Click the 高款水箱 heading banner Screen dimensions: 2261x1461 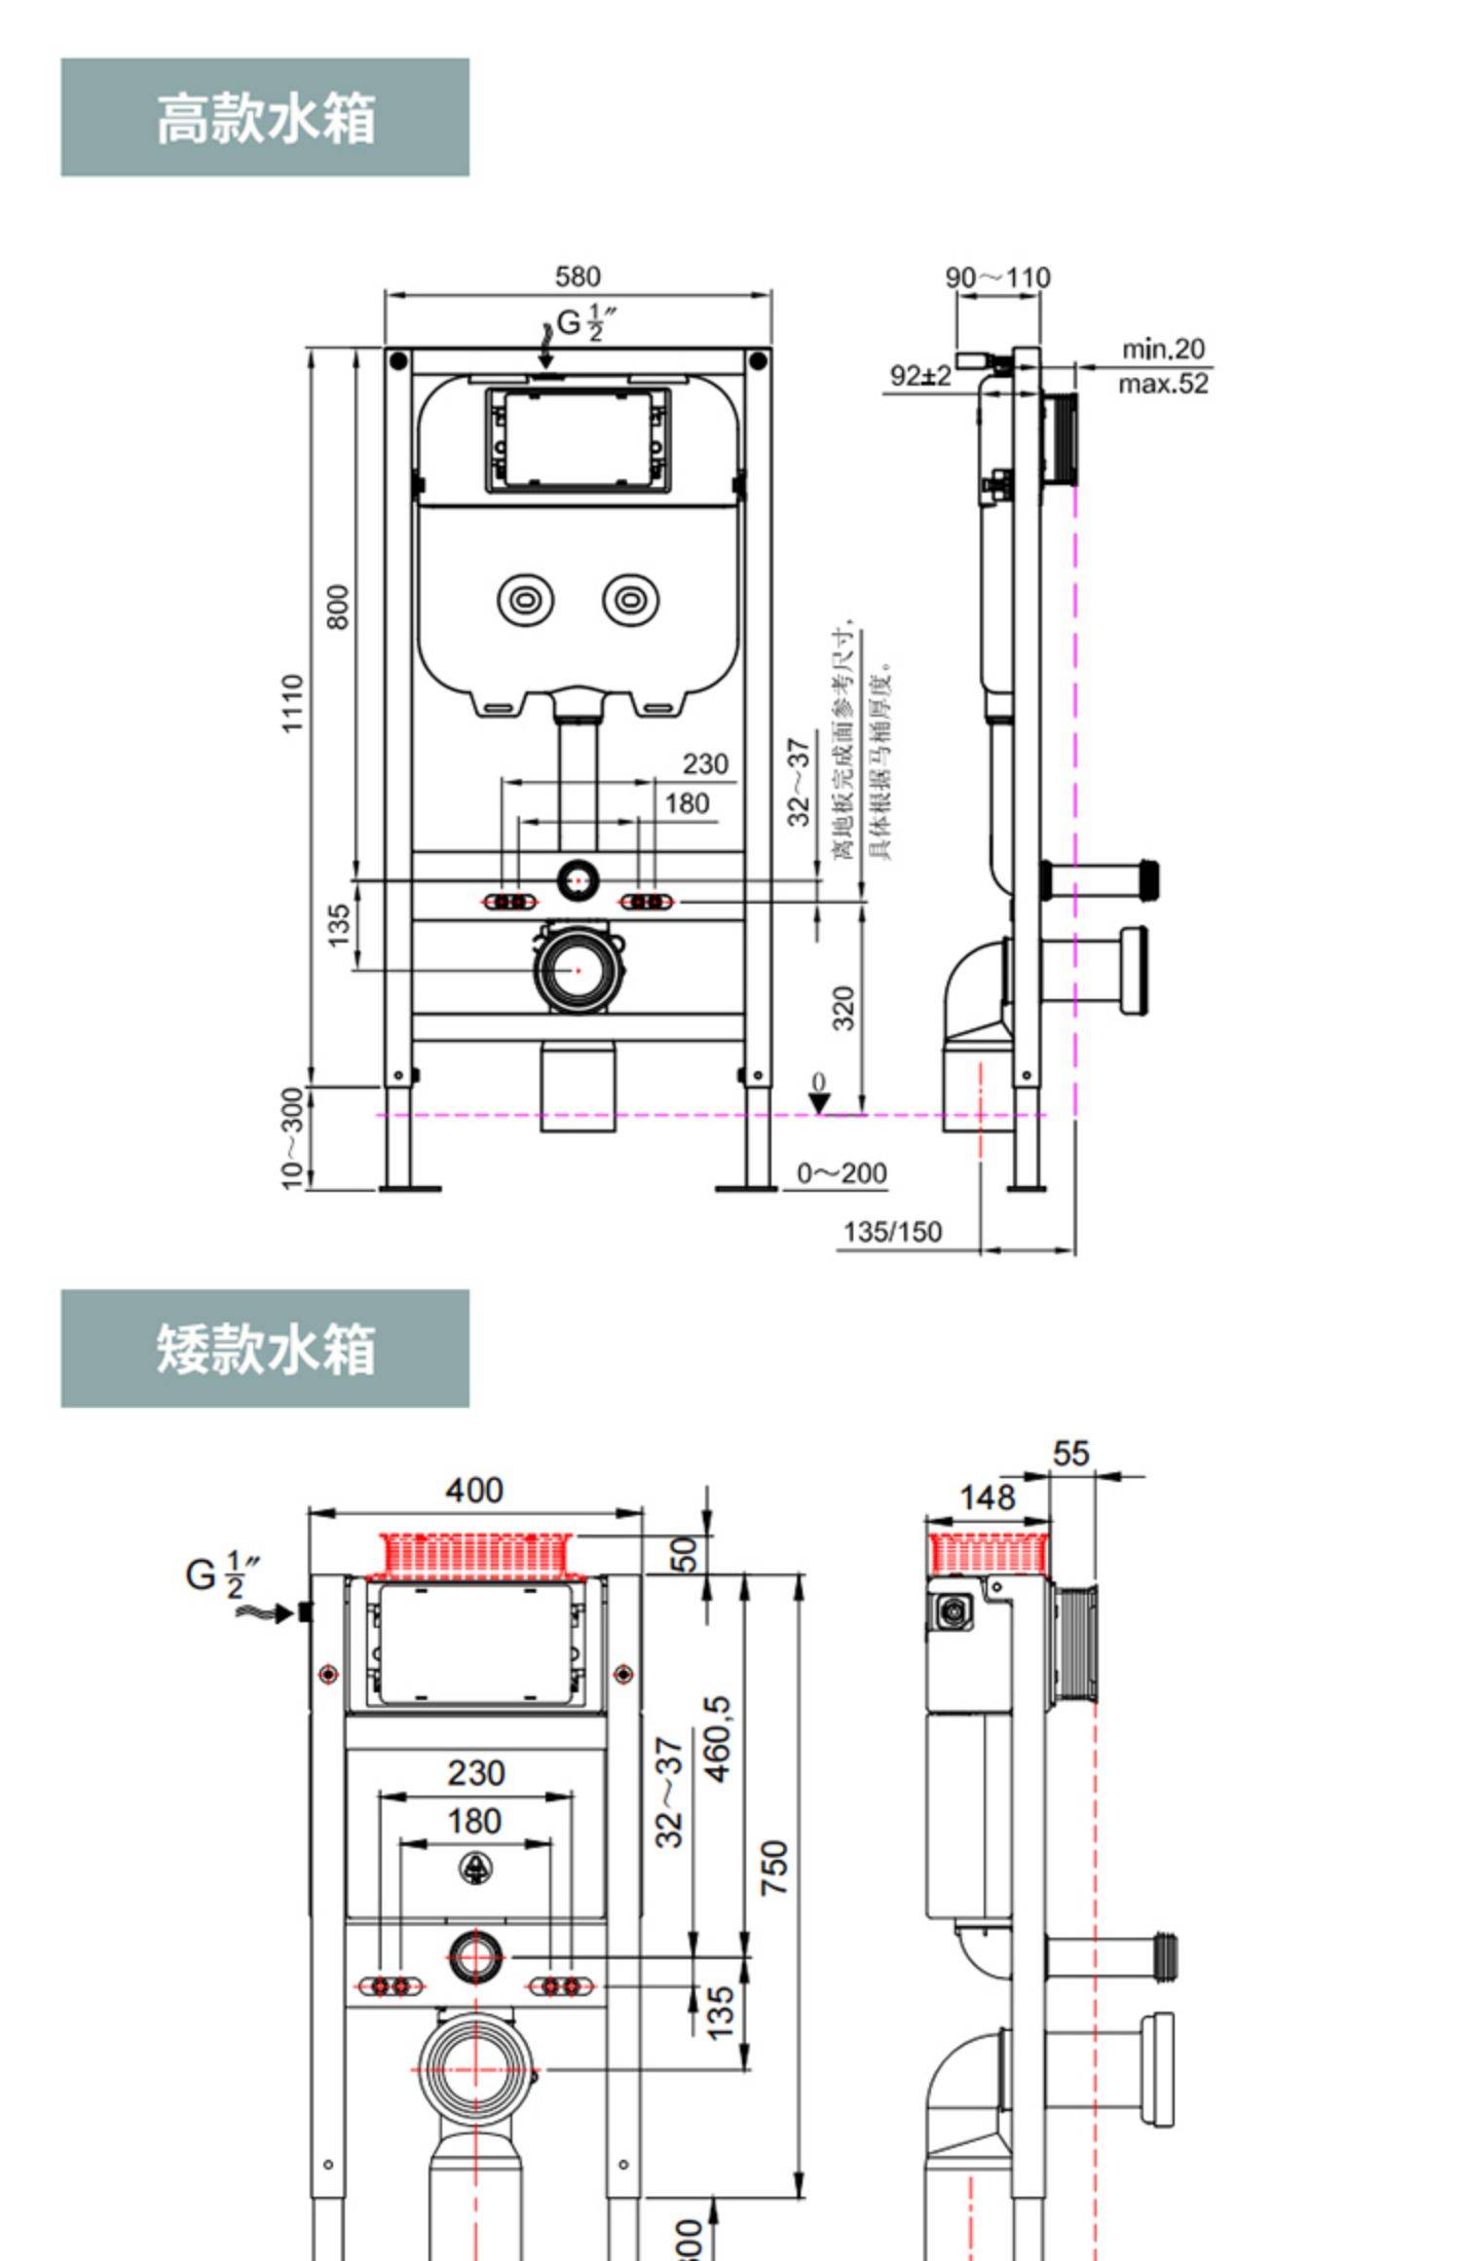click(x=265, y=118)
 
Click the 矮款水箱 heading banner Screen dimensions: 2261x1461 click(x=265, y=1349)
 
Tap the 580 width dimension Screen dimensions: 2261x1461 click(x=578, y=278)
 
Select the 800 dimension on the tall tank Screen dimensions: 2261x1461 click(x=338, y=607)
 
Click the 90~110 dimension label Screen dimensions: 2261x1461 click(x=997, y=278)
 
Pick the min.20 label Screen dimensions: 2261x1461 click(x=1163, y=349)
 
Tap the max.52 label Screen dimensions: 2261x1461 click(x=1163, y=384)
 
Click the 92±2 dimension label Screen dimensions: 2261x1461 click(x=920, y=376)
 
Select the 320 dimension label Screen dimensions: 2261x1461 click(x=844, y=1008)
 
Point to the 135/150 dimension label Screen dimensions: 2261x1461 click(x=892, y=1233)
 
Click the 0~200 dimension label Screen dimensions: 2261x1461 click(x=842, y=1173)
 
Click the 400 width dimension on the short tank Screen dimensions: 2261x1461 click(x=474, y=1491)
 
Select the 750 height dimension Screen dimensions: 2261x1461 click(x=775, y=1868)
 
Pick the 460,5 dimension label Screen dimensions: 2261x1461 click(x=718, y=1739)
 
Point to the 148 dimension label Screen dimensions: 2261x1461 click(x=988, y=1498)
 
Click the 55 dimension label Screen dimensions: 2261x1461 click(x=1070, y=1454)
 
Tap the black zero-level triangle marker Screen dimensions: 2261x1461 click(x=819, y=1102)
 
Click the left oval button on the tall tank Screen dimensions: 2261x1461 click(x=526, y=600)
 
